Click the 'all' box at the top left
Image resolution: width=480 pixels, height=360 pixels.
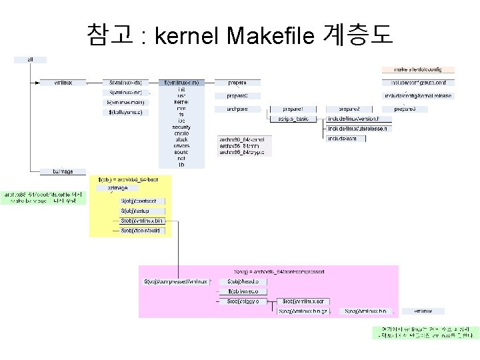point(31,59)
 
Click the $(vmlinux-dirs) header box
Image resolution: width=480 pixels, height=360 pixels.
point(181,83)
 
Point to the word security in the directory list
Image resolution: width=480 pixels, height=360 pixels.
point(181,126)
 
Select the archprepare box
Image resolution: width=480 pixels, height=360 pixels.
point(237,108)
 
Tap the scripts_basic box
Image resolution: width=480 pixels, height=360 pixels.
point(293,118)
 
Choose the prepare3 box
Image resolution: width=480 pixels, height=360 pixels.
point(405,108)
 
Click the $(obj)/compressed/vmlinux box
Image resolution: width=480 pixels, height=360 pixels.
point(177,281)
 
